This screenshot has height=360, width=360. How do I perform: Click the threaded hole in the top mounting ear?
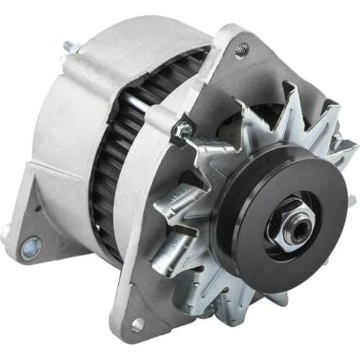click(241, 50)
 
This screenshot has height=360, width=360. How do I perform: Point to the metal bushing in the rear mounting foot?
click(30, 249)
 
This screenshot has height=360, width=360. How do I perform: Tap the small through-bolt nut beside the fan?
click(182, 130)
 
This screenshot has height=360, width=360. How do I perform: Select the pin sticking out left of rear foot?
click(6, 231)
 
